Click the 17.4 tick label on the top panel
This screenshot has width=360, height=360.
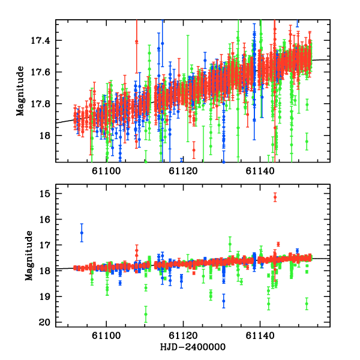pos(44,41)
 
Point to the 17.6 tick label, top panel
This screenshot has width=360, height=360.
pos(44,73)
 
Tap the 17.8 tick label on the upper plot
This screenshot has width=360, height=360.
pos(44,104)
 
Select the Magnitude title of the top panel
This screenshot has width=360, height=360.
pos(20,91)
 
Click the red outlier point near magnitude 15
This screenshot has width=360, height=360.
pos(275,197)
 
